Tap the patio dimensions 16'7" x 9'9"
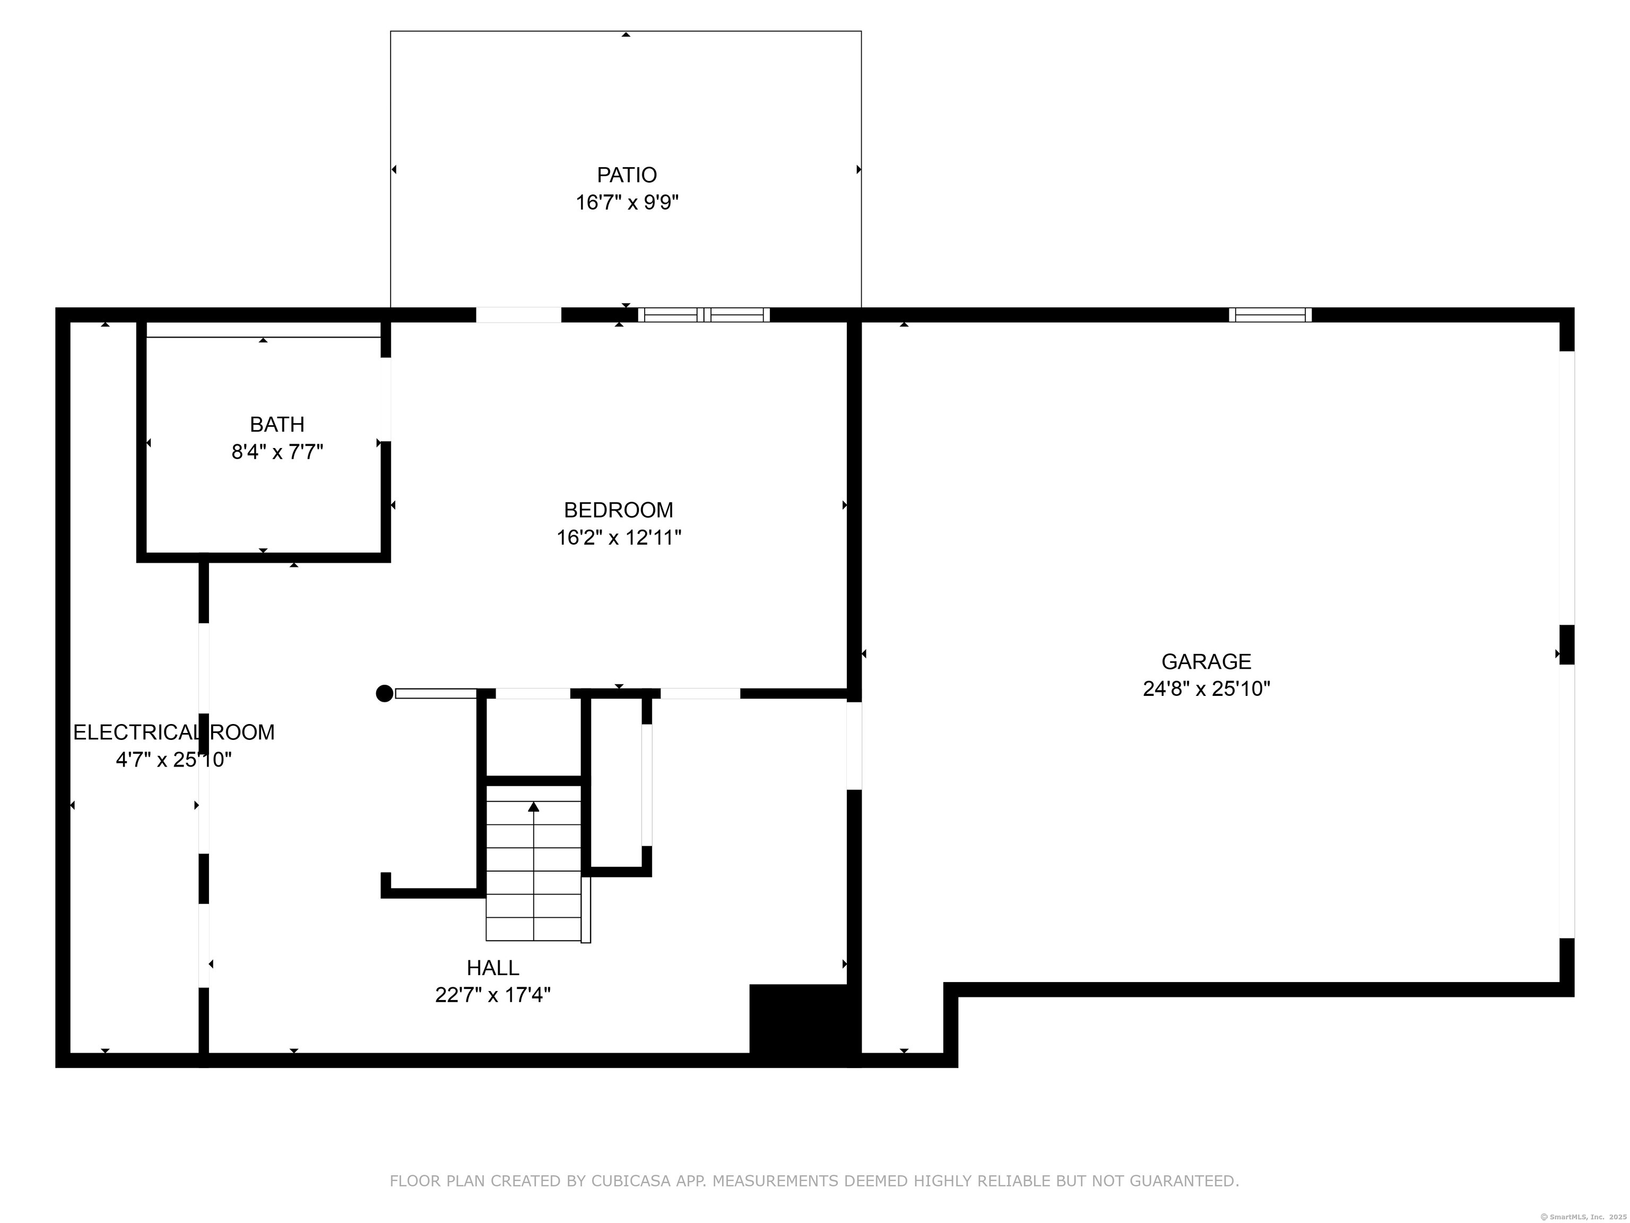[x=626, y=202]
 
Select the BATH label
[x=277, y=424]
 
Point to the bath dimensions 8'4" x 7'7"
[x=277, y=451]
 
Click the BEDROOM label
[x=618, y=510]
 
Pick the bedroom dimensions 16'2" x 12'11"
[x=618, y=537]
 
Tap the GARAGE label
[x=1206, y=661]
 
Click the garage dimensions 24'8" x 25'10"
[x=1206, y=688]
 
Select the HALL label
[x=492, y=967]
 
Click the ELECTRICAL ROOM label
[x=174, y=732]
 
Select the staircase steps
[x=533, y=863]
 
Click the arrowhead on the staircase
[x=533, y=806]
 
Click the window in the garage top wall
[x=1270, y=315]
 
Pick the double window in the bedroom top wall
[x=704, y=315]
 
